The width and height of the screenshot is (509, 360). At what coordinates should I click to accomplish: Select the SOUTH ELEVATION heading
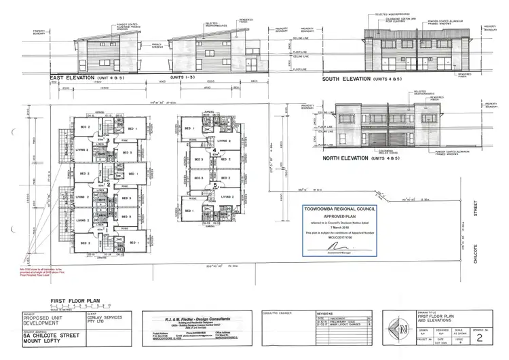click(351, 79)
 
